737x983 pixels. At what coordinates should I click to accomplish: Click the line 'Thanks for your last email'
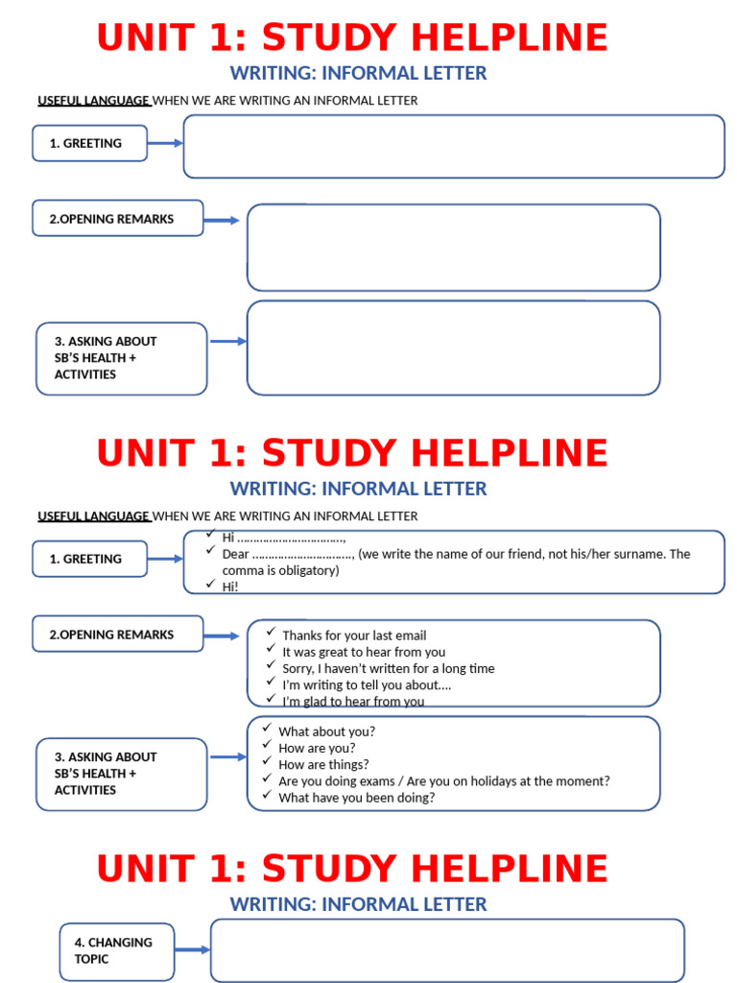click(x=354, y=635)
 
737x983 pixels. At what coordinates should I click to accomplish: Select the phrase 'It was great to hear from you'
click(x=364, y=652)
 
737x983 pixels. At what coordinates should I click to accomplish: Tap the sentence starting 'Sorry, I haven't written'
click(x=388, y=668)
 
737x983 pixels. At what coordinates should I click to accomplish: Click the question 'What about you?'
click(x=326, y=731)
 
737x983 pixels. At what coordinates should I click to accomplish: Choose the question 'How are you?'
click(x=317, y=748)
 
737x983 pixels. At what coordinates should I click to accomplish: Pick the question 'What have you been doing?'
click(x=356, y=797)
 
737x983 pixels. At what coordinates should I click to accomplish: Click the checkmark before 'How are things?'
click(x=267, y=763)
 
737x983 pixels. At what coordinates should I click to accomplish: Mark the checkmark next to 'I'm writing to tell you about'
click(x=271, y=683)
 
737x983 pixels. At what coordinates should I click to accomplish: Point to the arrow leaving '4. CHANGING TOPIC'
click(x=192, y=950)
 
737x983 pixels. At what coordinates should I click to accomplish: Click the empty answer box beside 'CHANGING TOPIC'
click(x=447, y=950)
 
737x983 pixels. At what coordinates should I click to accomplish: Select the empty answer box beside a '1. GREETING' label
click(x=454, y=146)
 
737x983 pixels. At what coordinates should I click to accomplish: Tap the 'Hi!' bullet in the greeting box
click(x=230, y=587)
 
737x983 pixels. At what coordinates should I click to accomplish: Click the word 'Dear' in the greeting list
click(x=236, y=554)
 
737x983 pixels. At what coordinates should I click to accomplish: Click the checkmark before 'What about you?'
click(x=267, y=730)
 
